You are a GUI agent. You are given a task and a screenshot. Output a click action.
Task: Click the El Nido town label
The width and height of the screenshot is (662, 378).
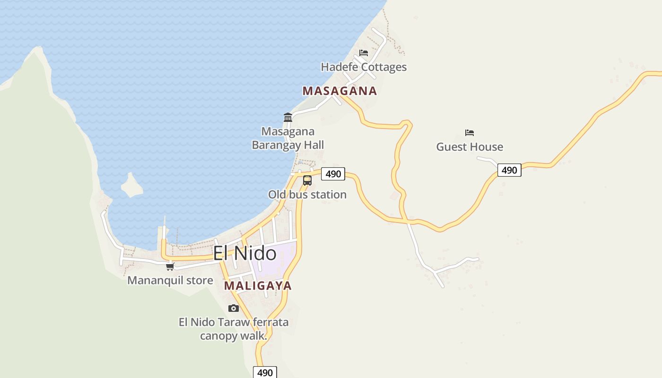tap(244, 254)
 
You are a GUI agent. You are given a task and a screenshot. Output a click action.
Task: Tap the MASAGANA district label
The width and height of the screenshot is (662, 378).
tap(340, 91)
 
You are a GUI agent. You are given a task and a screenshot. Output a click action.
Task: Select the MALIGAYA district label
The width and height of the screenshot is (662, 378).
tap(258, 286)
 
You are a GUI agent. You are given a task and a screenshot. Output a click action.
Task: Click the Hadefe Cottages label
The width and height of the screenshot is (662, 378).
tap(364, 67)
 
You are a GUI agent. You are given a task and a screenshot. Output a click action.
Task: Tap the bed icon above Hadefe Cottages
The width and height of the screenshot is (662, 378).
tap(364, 53)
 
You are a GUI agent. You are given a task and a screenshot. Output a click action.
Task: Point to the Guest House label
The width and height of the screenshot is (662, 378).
tap(470, 147)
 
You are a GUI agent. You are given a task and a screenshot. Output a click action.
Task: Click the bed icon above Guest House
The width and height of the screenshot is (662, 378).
tap(470, 133)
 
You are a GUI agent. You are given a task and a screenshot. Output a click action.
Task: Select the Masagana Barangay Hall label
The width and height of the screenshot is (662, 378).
tap(288, 138)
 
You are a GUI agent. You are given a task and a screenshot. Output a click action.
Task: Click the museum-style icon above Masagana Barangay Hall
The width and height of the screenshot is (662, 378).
tap(288, 117)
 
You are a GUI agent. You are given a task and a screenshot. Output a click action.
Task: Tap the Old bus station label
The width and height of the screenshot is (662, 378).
tap(307, 195)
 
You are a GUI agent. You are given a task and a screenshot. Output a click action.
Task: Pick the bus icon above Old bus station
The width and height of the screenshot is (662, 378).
tap(307, 180)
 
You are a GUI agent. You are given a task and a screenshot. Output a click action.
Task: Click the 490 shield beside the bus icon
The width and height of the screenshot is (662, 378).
tap(333, 174)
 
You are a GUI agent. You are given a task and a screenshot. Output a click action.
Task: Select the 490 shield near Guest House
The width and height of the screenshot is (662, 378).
tap(509, 170)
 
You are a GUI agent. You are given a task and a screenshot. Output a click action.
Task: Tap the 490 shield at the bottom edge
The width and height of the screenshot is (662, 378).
tap(265, 372)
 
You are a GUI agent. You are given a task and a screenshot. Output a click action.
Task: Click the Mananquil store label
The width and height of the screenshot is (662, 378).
tap(170, 281)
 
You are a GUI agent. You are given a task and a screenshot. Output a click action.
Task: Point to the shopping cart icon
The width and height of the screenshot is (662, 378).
tap(170, 267)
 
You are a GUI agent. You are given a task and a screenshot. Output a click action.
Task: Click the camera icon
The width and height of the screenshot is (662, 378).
tap(234, 309)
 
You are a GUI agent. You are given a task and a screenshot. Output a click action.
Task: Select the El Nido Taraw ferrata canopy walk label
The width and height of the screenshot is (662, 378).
tap(234, 329)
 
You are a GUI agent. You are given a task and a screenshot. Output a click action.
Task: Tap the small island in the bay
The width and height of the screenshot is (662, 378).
tap(131, 185)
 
